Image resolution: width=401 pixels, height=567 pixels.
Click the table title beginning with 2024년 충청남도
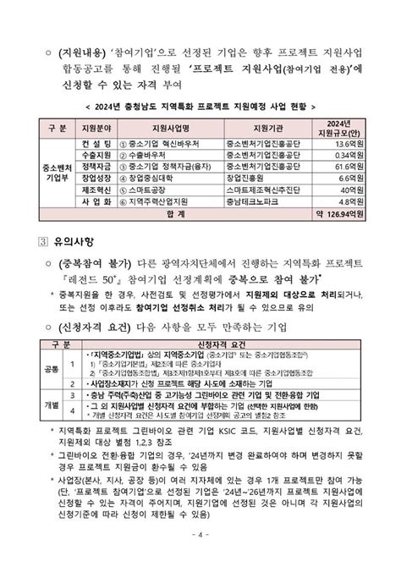200,107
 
